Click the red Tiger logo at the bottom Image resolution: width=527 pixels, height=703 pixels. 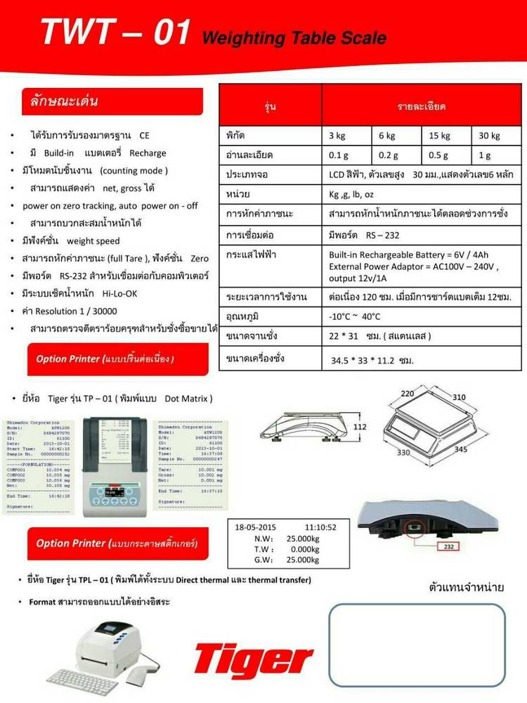point(254,660)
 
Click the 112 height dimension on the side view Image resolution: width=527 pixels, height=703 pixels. point(360,427)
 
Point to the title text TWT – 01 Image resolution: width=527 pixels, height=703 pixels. point(115,32)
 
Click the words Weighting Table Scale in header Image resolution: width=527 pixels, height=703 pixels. point(294,38)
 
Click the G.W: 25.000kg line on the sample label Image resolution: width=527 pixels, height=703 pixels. point(285,560)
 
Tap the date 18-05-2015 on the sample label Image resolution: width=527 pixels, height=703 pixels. point(256,527)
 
